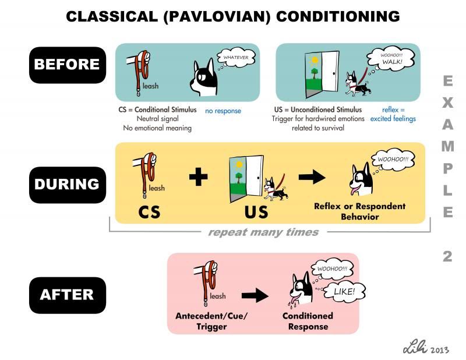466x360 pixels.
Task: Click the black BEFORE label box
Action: coord(68,65)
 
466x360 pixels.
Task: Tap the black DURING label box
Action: coord(68,185)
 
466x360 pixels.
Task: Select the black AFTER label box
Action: coord(68,295)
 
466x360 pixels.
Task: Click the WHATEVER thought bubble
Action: coord(236,58)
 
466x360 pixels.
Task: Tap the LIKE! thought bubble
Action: coord(344,291)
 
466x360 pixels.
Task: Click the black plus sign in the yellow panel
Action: coord(198,177)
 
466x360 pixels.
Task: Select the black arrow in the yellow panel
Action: coord(312,177)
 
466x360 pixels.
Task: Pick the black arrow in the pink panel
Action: coord(255,295)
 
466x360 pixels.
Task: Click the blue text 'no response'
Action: coord(223,111)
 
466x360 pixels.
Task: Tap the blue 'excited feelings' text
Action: coord(393,119)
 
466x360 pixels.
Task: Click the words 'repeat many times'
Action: coord(263,232)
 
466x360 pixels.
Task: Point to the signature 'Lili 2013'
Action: coord(426,347)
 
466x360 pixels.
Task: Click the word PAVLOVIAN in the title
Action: coord(217,16)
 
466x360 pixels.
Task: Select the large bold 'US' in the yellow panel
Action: coord(256,212)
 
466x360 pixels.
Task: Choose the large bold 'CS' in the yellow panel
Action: coord(149,212)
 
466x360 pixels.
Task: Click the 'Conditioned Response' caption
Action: coord(308,321)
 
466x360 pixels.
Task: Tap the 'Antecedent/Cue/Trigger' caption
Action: coord(211,321)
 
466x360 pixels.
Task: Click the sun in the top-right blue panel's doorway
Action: coord(314,61)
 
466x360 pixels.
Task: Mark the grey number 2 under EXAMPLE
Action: coord(447,256)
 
